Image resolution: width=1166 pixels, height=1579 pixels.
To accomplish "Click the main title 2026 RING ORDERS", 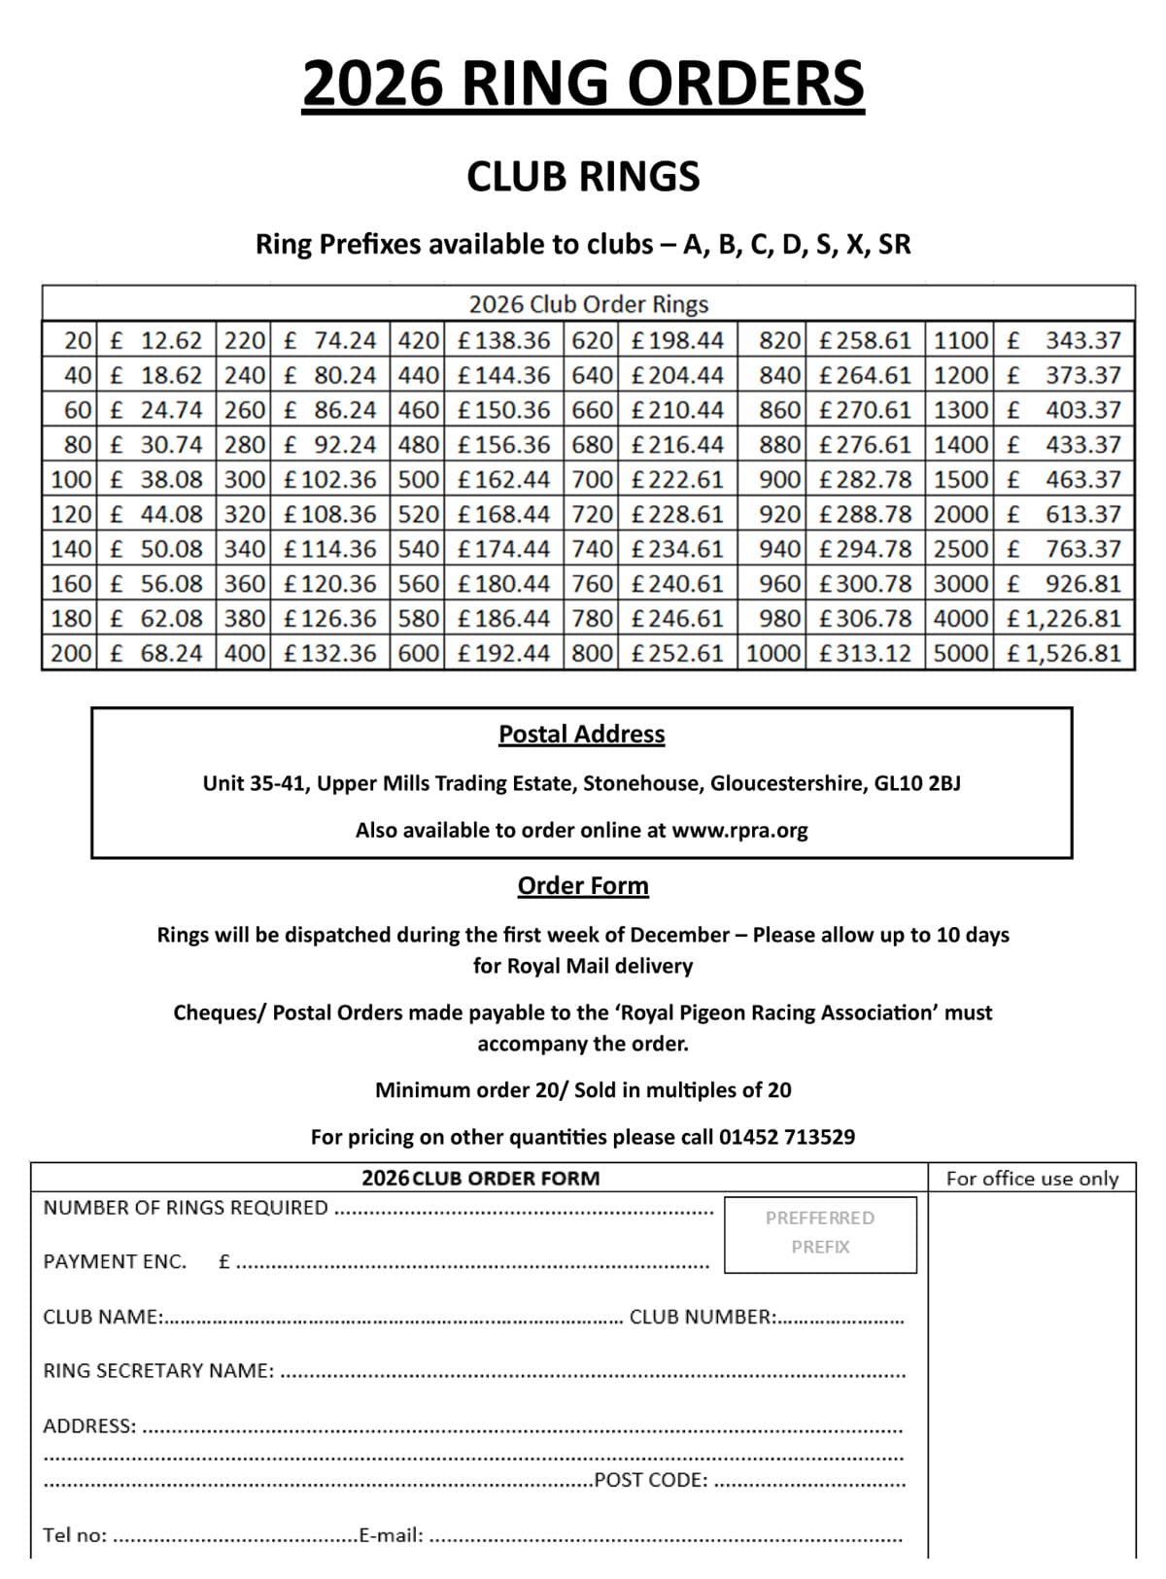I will pyautogui.click(x=583, y=84).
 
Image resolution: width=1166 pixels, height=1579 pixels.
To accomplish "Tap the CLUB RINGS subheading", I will pyautogui.click(x=583, y=177).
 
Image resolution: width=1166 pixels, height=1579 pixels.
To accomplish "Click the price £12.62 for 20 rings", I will pyautogui.click(x=157, y=341).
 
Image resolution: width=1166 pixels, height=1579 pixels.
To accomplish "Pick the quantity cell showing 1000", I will pyautogui.click(x=773, y=653).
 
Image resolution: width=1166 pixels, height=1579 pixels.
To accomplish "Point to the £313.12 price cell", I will pyautogui.click(x=865, y=653).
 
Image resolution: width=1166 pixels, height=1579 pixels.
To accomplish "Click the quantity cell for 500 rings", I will pyautogui.click(x=419, y=480).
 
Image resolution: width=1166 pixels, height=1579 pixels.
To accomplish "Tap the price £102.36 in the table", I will pyautogui.click(x=329, y=480).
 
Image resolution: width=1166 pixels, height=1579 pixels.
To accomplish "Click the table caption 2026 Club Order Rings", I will pyautogui.click(x=588, y=304).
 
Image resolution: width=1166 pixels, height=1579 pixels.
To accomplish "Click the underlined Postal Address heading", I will pyautogui.click(x=581, y=735).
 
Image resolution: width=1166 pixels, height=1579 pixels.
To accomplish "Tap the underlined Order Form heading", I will pyautogui.click(x=583, y=886).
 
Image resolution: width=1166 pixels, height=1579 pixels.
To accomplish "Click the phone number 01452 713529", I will pyautogui.click(x=787, y=1137).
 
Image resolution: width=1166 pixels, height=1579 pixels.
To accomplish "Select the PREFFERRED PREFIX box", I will pyautogui.click(x=820, y=1233).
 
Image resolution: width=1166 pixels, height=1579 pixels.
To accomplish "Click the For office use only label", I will pyautogui.click(x=1032, y=1179).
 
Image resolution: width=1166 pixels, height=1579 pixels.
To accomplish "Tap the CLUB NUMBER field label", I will pyautogui.click(x=703, y=1318).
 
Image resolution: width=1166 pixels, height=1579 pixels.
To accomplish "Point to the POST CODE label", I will pyautogui.click(x=651, y=1480).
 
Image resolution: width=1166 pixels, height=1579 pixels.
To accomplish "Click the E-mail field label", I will pyautogui.click(x=391, y=1535).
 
